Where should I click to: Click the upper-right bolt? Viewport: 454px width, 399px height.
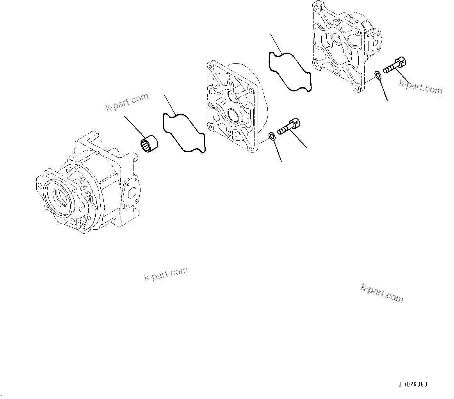(395, 66)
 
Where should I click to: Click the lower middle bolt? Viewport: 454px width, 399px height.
(289, 127)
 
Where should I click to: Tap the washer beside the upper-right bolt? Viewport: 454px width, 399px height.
(378, 74)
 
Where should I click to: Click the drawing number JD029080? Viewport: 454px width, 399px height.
(413, 384)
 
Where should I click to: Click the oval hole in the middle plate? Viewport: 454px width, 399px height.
(233, 116)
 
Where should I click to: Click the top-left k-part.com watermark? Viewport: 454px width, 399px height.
(127, 102)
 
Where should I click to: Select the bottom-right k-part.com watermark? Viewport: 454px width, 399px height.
(382, 293)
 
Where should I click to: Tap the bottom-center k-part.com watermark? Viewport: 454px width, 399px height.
(166, 274)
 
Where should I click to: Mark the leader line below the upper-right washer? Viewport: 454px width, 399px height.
(383, 90)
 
